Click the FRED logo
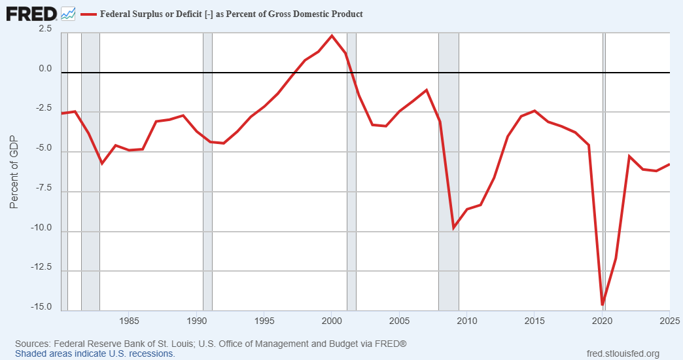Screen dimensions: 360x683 click(31, 12)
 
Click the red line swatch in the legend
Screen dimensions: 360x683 click(88, 14)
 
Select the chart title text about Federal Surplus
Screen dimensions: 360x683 click(231, 14)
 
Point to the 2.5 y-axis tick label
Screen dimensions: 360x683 click(44, 29)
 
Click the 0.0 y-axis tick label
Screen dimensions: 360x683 click(44, 69)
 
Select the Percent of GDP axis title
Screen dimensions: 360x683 click(14, 172)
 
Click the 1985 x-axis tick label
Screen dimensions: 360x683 click(129, 321)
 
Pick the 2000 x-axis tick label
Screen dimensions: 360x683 click(332, 321)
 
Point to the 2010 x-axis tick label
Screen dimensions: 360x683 click(466, 321)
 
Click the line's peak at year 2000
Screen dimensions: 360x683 click(332, 36)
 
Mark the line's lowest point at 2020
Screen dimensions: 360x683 click(602, 304)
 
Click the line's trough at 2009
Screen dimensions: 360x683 click(453, 227)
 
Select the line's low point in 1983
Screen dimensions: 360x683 click(102, 163)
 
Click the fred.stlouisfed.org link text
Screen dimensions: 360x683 click(624, 354)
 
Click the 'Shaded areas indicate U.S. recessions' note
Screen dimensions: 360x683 click(95, 353)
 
